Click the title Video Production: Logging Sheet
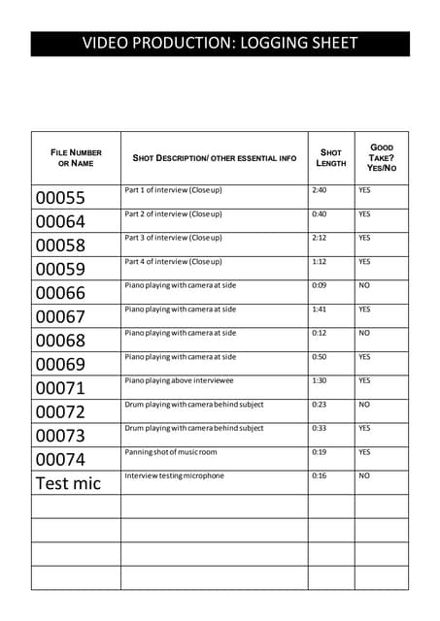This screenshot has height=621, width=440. tap(220, 44)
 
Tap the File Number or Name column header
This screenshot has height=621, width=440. tap(76, 157)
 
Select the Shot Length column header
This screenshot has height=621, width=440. tap(330, 157)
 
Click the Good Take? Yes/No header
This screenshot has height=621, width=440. tap(381, 157)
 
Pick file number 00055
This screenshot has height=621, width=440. tap(60, 198)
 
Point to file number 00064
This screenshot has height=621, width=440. tap(60, 222)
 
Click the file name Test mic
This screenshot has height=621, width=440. tap(67, 483)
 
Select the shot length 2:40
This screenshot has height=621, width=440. tap(320, 190)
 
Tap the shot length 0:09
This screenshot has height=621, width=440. tap(320, 285)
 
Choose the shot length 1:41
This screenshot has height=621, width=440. tap(320, 310)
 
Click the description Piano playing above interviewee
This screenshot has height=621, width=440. tap(180, 380)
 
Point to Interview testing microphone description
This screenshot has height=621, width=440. tap(174, 475)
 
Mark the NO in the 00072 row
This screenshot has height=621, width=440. tap(364, 405)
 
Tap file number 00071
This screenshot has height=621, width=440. tap(60, 388)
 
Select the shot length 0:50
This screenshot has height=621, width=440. tap(320, 357)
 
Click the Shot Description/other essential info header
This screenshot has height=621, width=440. tap(214, 157)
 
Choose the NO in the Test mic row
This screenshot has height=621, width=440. tap(364, 475)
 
